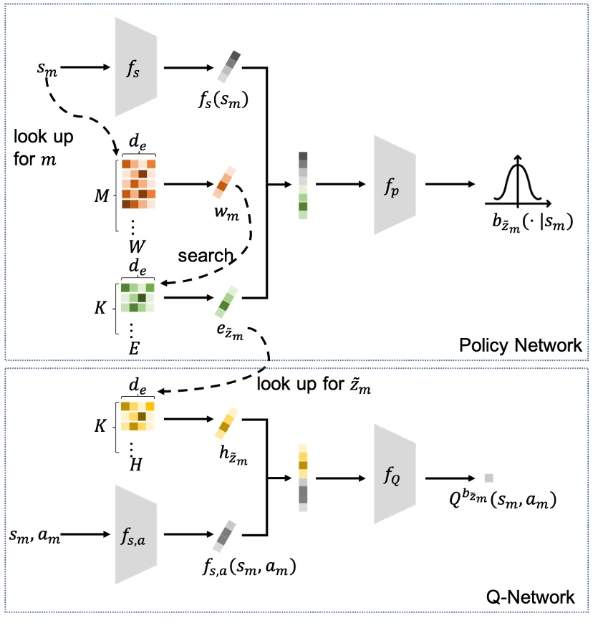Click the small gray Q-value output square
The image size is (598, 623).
click(x=489, y=478)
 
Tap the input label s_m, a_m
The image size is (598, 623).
click(x=34, y=534)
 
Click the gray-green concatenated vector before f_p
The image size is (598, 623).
click(x=303, y=185)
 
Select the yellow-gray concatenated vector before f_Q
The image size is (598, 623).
click(x=303, y=478)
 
